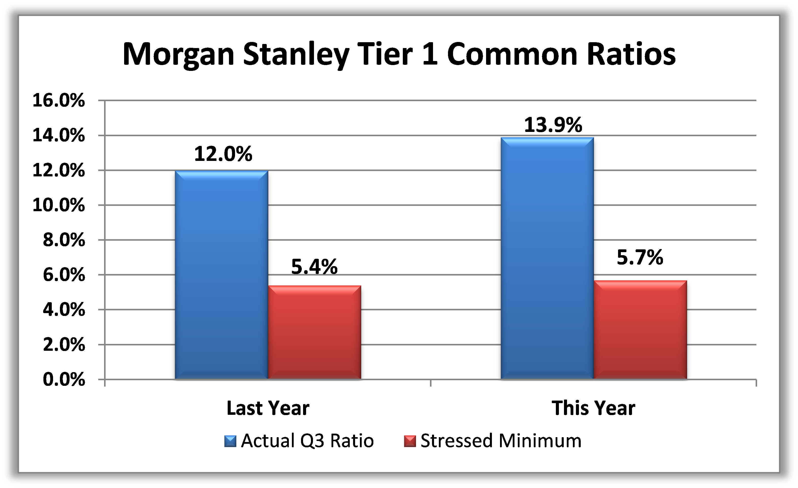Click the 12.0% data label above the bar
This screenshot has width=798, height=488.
(223, 154)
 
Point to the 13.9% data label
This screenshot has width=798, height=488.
(553, 125)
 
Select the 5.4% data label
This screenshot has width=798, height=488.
(314, 267)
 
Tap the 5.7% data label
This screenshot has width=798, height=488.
(640, 257)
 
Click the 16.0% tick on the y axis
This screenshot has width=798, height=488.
(59, 100)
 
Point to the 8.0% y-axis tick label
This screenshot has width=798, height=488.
(64, 240)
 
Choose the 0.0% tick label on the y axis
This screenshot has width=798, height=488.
(64, 379)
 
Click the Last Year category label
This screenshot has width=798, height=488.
(268, 408)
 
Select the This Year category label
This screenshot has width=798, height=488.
(593, 408)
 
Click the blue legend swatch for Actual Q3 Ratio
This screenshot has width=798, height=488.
(230, 441)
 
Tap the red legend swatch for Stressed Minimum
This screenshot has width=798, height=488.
(410, 441)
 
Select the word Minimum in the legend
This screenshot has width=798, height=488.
(540, 441)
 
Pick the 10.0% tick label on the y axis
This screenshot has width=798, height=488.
(59, 205)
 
